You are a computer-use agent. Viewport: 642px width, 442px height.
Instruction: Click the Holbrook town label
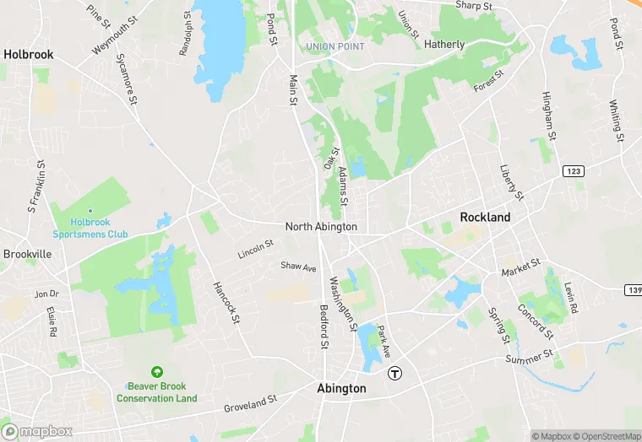coord(28,54)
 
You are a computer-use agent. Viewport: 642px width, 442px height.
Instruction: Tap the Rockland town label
coord(485,217)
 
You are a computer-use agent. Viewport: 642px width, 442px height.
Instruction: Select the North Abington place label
coord(321,227)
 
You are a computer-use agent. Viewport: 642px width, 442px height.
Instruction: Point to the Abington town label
coord(341,389)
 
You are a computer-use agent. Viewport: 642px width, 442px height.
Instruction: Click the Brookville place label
coord(27,254)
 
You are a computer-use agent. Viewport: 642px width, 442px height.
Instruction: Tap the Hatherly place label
coord(444,44)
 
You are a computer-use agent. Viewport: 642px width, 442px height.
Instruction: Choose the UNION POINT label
coord(335,46)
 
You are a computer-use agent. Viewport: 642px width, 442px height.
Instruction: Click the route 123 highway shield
coord(573,171)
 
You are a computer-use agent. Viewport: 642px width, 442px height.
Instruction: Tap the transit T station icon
coord(394,372)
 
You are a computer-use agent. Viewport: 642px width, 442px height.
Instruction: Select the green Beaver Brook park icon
coord(156,372)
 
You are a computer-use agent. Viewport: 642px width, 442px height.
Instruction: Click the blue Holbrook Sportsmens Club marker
coord(90,212)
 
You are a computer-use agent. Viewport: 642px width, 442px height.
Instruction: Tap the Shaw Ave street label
coord(298,267)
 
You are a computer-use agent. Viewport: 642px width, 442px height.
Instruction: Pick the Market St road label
coord(520,269)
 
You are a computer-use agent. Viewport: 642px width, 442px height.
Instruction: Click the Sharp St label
coord(474,6)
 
